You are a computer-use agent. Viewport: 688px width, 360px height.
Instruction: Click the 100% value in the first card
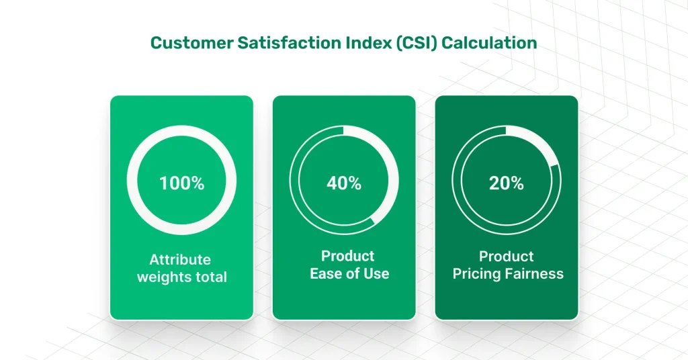click(181, 183)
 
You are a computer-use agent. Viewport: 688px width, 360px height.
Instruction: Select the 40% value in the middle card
click(344, 183)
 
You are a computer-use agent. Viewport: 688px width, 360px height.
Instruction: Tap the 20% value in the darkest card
click(506, 183)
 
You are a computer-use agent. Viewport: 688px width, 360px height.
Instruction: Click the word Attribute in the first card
click(180, 259)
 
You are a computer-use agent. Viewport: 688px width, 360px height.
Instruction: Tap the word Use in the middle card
click(376, 273)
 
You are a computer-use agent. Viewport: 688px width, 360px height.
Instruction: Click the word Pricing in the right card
click(478, 274)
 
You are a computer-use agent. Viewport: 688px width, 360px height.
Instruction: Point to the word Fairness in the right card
click(535, 273)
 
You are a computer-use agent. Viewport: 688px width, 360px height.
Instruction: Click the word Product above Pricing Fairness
click(507, 257)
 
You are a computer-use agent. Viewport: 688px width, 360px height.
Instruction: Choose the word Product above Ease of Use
click(348, 256)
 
